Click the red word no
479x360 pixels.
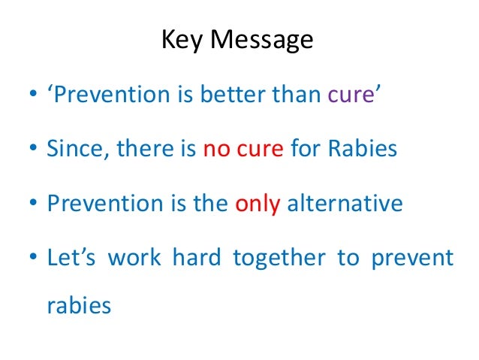218,150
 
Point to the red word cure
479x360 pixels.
260,150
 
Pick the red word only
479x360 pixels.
258,204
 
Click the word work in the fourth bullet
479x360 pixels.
135,258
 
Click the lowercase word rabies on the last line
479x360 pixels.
78,306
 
